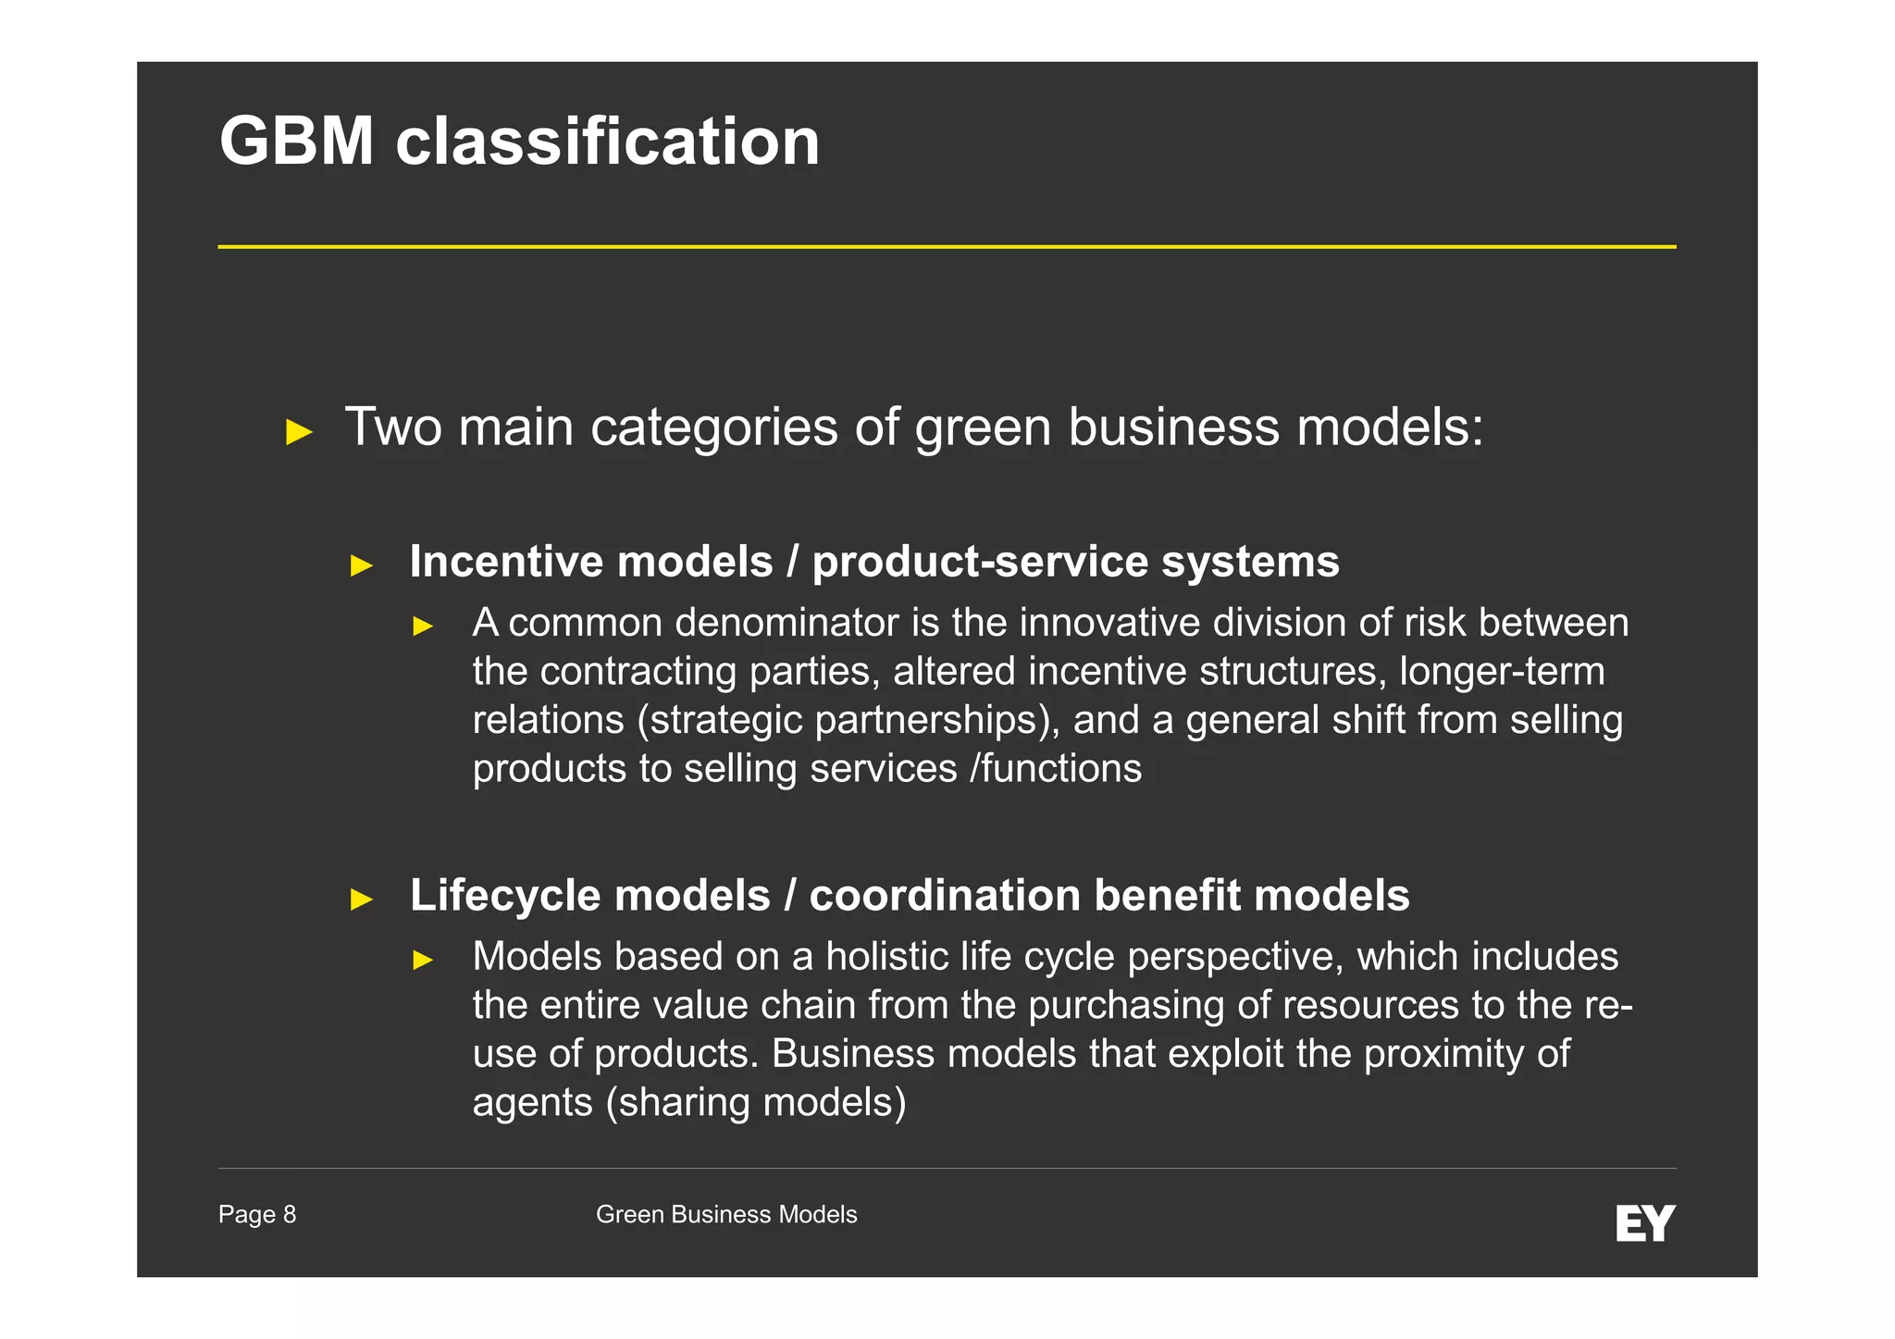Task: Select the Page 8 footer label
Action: coord(257,1214)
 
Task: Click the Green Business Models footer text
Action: coord(726,1214)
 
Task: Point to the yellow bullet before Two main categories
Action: coord(299,431)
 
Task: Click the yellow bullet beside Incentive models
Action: coord(362,565)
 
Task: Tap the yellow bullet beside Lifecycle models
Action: coord(362,899)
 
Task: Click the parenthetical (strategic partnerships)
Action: coord(848,720)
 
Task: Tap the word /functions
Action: coord(1056,769)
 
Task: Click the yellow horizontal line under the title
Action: coord(947,247)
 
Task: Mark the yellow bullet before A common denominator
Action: coord(423,626)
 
